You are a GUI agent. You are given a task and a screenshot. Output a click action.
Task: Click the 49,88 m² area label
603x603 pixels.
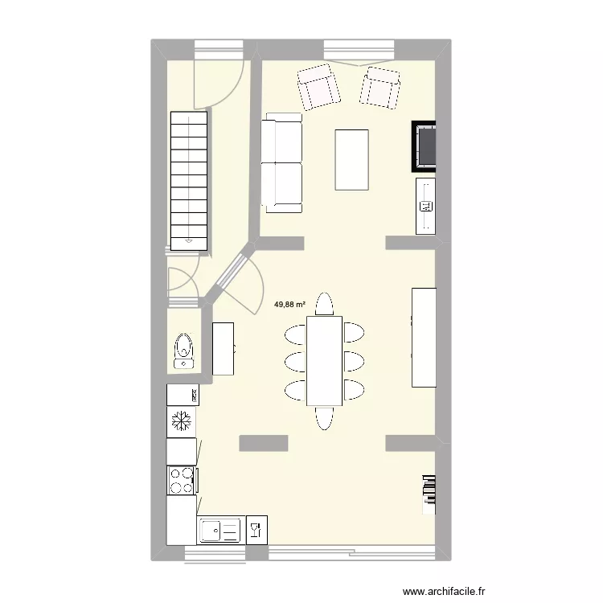tap(290, 305)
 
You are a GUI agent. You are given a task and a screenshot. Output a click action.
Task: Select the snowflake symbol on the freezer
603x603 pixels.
tap(182, 420)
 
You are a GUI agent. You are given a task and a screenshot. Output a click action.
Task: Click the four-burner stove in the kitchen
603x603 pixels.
tap(181, 480)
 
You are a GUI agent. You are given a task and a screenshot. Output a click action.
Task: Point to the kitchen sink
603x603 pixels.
tap(219, 531)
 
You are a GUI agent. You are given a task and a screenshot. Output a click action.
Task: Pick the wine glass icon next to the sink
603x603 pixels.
tap(256, 530)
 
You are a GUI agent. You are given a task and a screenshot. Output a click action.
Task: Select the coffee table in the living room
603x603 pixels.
tap(351, 159)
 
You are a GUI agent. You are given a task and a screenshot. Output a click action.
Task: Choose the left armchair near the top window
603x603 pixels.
tap(318, 87)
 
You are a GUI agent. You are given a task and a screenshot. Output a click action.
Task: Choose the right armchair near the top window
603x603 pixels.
tap(380, 87)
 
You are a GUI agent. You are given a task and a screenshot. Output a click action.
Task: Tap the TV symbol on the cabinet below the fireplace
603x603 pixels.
tap(425, 207)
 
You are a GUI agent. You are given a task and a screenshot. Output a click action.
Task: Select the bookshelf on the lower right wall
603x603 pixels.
tap(429, 493)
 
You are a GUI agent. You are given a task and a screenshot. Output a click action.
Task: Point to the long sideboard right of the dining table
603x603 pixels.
tap(424, 336)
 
